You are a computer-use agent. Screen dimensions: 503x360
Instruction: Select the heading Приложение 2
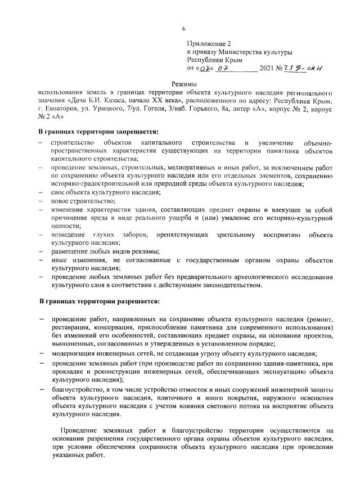[x=209, y=43]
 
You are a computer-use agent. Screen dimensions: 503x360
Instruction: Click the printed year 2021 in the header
[x=267, y=70]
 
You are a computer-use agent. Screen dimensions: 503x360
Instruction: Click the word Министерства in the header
[x=241, y=52]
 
